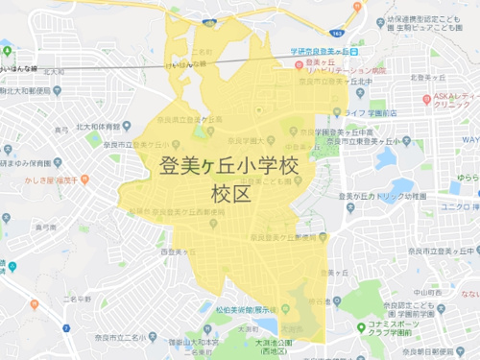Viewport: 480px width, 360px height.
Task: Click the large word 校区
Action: [230, 195]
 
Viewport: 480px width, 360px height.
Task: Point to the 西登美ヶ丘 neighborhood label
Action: [180, 252]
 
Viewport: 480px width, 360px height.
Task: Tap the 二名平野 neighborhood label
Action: [80, 299]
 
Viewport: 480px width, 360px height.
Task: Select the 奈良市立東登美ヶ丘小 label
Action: [374, 142]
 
